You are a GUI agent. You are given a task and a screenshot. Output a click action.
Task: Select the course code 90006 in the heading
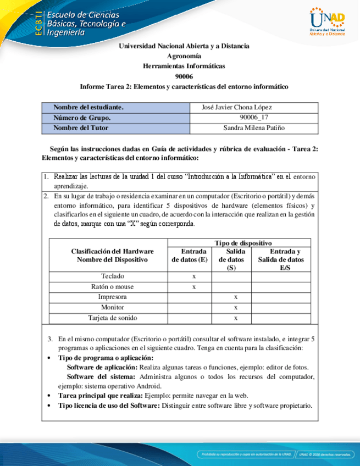coord(184,76)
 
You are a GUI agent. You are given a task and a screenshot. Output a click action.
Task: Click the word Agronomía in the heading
coord(184,56)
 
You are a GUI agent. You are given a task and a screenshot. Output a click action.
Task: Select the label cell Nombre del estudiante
coord(88,107)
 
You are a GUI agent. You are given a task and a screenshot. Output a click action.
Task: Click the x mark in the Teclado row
coord(193,276)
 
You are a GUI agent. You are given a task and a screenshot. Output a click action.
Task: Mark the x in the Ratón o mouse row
coord(193,287)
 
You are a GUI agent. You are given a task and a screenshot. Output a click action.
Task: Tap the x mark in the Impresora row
coord(235,297)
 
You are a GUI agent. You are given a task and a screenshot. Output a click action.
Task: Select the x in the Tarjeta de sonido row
coord(235,318)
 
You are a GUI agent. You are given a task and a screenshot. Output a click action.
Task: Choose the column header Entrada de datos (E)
coord(190,256)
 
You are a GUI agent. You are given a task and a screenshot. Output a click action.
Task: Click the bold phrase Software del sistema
coord(102,376)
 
